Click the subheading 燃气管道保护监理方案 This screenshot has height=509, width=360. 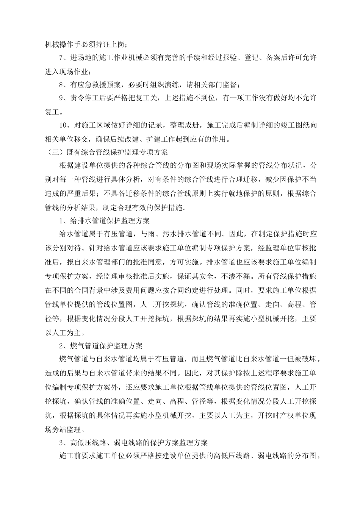pos(106,346)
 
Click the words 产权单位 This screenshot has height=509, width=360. pos(287,414)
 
